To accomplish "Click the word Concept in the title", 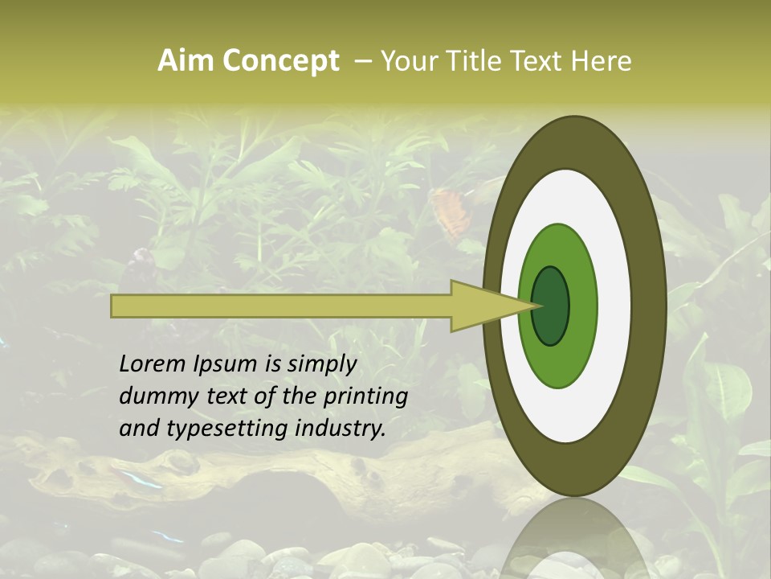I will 281,61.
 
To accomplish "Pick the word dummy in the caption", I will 156,397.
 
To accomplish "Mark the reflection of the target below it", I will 575,539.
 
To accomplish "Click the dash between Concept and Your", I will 362,61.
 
